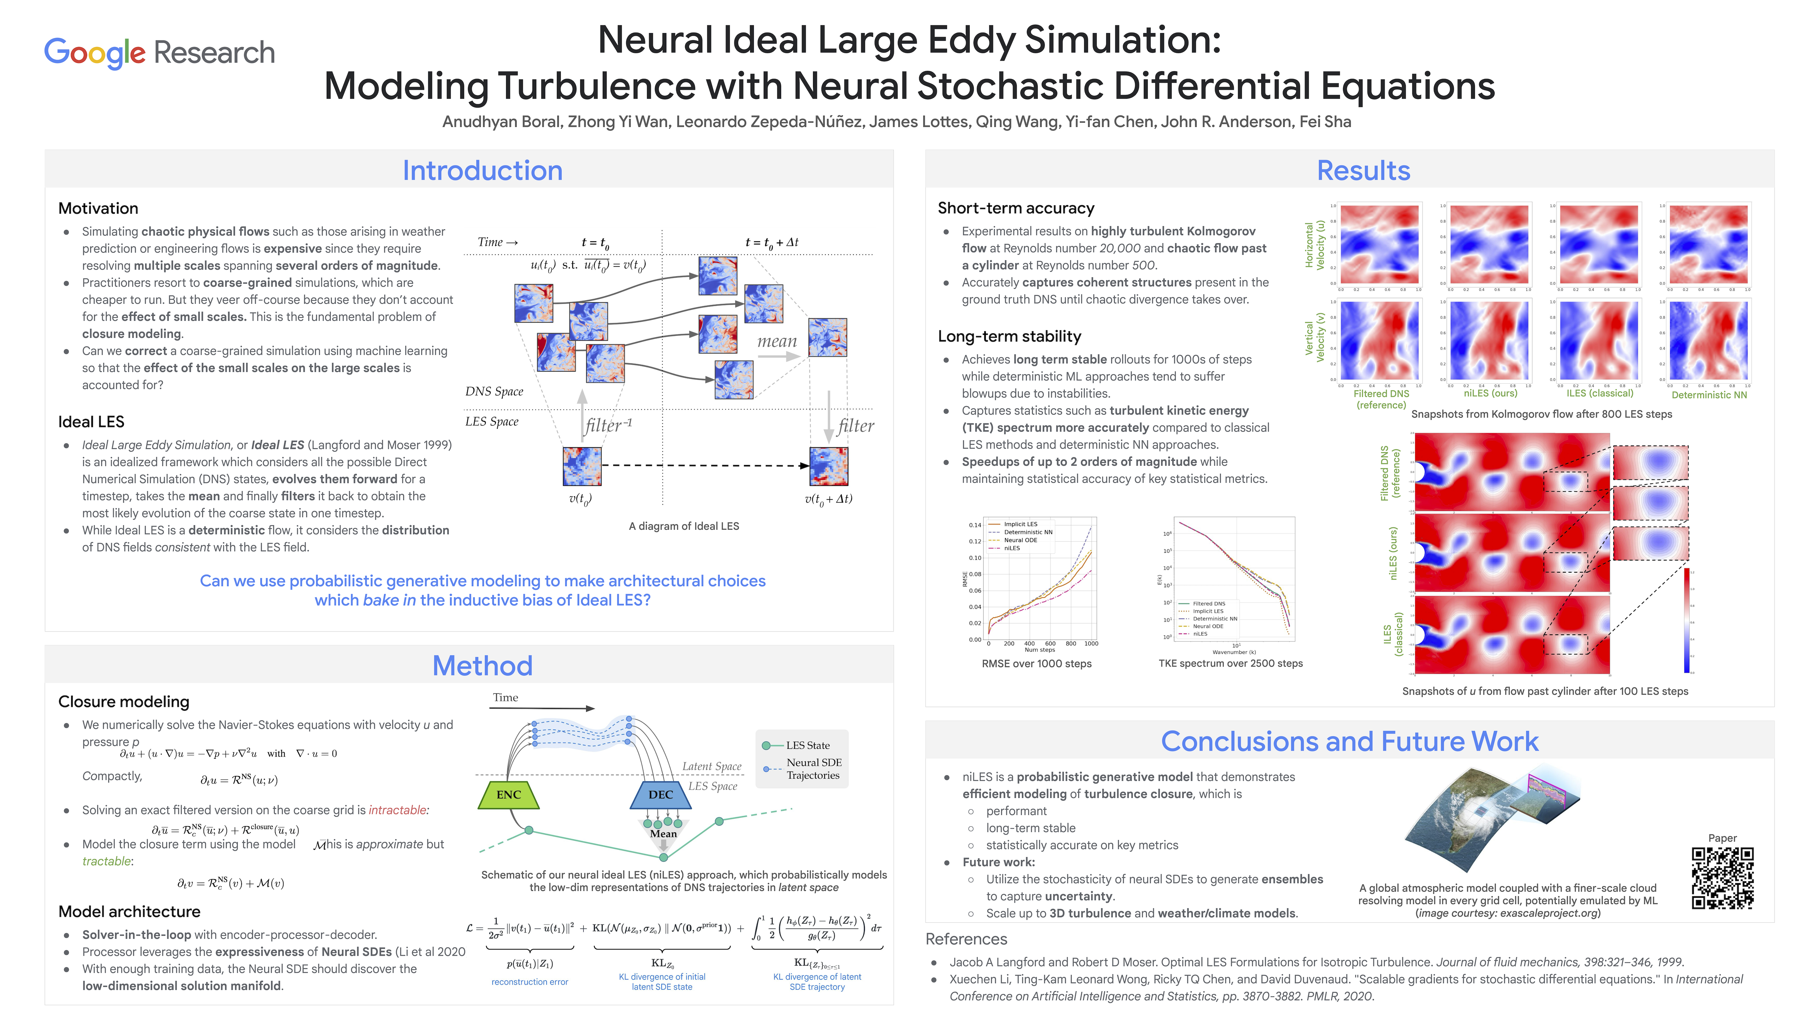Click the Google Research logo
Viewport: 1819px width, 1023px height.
pos(160,53)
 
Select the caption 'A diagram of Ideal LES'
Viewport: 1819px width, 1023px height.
pos(684,526)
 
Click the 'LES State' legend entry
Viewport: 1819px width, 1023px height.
pos(807,746)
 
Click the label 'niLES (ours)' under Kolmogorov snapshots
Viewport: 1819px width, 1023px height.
pos(1490,393)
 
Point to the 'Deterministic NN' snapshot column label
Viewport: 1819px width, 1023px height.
pos(1709,395)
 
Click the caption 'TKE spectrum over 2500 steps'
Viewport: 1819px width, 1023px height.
pos(1230,664)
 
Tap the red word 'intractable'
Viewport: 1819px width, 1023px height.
pos(398,811)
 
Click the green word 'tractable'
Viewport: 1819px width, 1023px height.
pos(107,861)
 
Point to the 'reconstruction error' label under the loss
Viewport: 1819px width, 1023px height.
pos(530,982)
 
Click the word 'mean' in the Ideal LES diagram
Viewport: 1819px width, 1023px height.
pos(777,342)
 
